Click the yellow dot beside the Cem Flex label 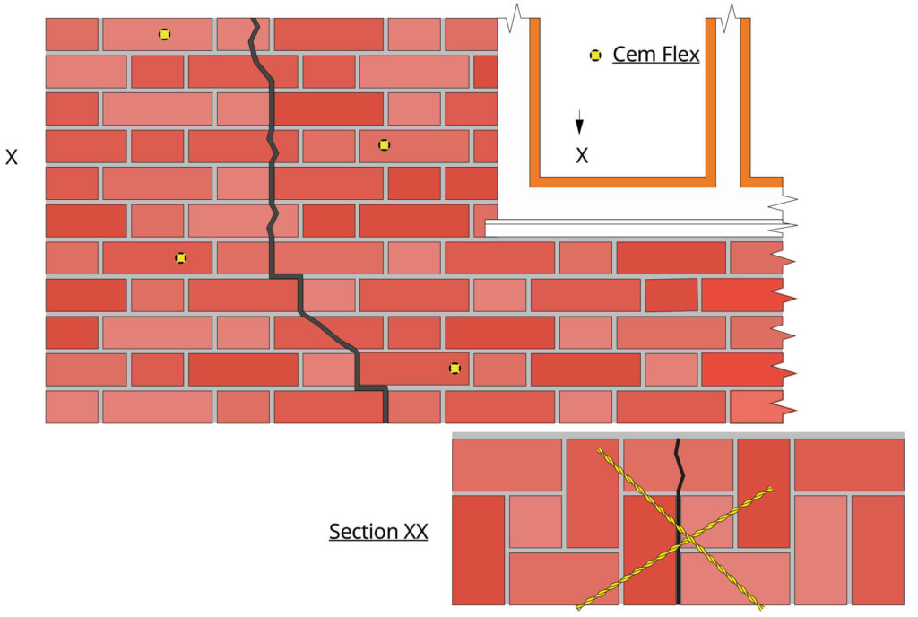pyautogui.click(x=594, y=56)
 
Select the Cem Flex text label pyautogui.click(x=655, y=55)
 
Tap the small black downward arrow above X pyautogui.click(x=580, y=124)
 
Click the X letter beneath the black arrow pyautogui.click(x=582, y=155)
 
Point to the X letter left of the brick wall pyautogui.click(x=12, y=157)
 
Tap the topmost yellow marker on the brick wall pyautogui.click(x=164, y=34)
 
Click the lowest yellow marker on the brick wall pyautogui.click(x=455, y=368)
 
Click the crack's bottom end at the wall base pyautogui.click(x=385, y=418)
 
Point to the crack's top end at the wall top pyautogui.click(x=255, y=22)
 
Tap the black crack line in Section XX pyautogui.click(x=677, y=574)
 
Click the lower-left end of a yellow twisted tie pyautogui.click(x=579, y=604)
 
